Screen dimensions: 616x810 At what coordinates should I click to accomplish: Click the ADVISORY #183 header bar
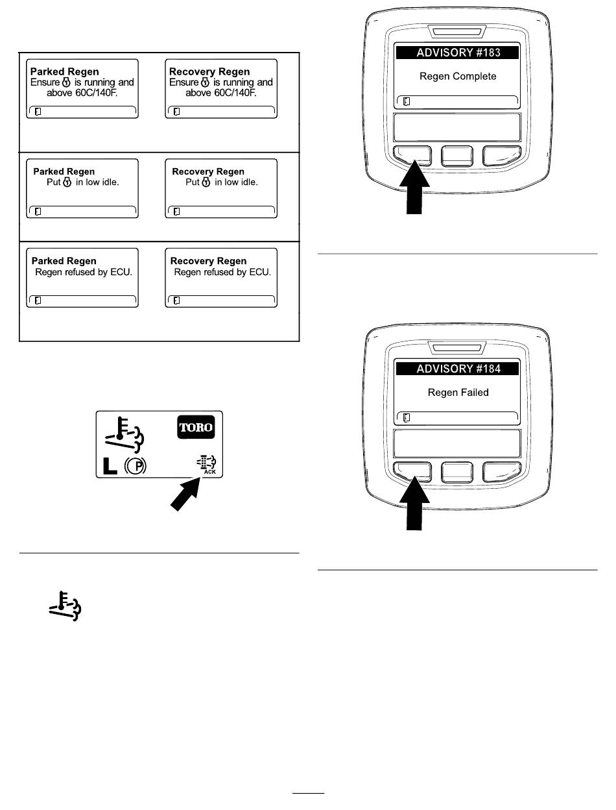click(x=457, y=53)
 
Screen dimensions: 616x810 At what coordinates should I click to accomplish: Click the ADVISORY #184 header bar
click(x=457, y=369)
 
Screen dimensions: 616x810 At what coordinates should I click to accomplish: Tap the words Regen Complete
click(x=458, y=77)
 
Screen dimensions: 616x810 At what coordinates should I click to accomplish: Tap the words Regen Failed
click(x=458, y=392)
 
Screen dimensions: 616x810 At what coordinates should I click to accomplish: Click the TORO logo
click(x=196, y=427)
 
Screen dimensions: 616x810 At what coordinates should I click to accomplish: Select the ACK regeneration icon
click(x=207, y=465)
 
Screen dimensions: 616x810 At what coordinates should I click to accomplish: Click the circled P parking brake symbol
click(x=136, y=466)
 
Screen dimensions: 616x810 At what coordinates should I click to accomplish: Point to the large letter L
click(x=110, y=466)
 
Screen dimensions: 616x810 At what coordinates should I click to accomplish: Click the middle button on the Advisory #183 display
click(x=457, y=156)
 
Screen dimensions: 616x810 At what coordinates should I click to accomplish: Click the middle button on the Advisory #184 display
click(x=457, y=472)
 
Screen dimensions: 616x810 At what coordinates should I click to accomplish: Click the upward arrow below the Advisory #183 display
click(x=414, y=187)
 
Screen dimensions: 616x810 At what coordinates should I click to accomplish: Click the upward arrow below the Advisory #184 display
click(x=414, y=504)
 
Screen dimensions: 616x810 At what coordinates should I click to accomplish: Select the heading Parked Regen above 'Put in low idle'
click(x=64, y=171)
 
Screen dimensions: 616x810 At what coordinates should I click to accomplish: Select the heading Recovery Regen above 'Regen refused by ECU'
click(x=208, y=261)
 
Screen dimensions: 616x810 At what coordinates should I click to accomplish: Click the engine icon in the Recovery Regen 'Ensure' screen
click(x=205, y=82)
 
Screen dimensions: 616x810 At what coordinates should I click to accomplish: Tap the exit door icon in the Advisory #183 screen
click(x=407, y=101)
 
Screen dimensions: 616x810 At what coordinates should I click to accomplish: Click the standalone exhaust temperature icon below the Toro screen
click(x=65, y=606)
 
